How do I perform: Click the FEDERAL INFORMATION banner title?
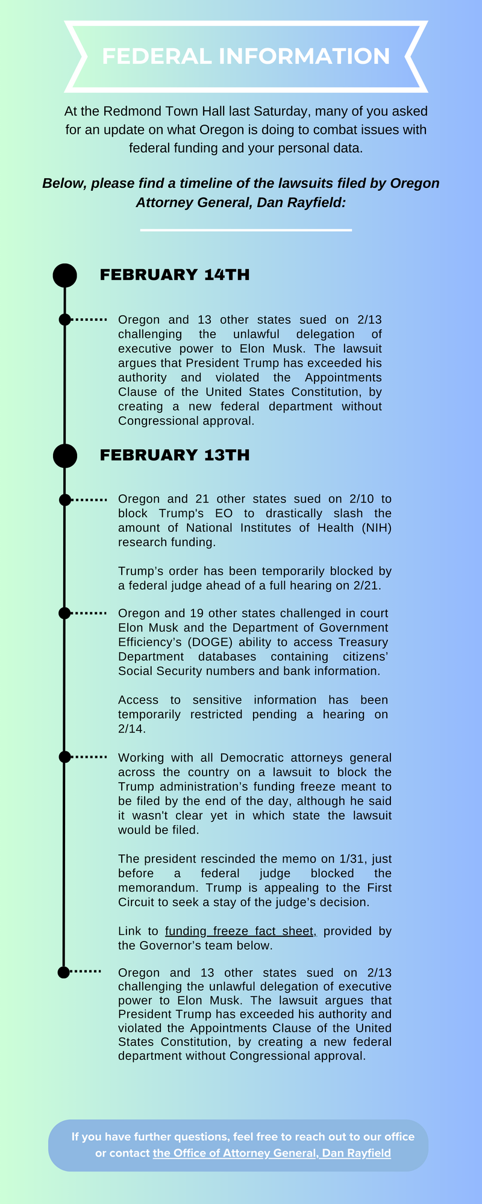coord(246,57)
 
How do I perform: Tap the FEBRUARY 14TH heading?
coord(175,275)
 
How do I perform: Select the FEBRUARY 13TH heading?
coord(175,455)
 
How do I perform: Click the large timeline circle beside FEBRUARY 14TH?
coord(65,275)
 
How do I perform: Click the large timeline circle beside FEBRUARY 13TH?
coord(65,456)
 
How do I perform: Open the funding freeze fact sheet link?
coord(240,931)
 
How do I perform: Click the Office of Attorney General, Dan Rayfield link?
coord(272,1153)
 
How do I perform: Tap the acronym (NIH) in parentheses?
coord(377,528)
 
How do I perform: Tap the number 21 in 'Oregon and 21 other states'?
coord(202,499)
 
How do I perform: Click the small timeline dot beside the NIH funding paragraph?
coord(65,500)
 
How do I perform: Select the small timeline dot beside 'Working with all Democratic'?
coord(65,757)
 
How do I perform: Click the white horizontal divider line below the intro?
coord(246,230)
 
